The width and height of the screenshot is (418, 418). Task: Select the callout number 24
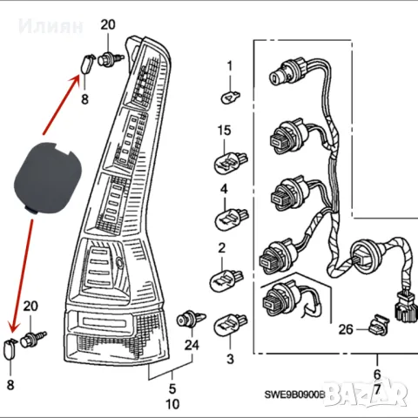(192, 345)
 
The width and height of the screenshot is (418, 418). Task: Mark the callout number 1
(230, 66)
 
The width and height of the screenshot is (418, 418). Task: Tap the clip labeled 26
(376, 326)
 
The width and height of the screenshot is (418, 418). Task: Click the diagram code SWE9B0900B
(293, 395)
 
